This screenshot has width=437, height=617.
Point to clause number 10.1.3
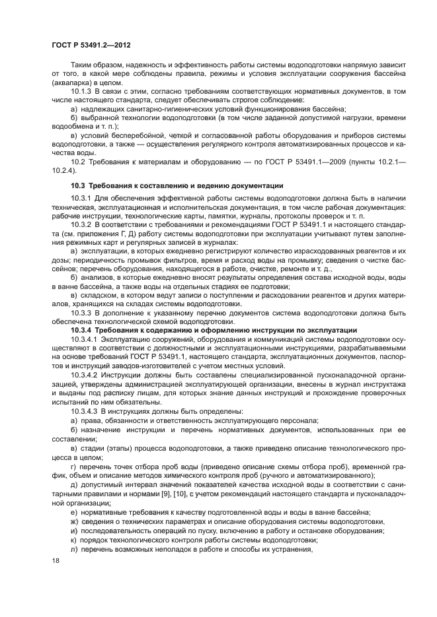pos(82,90)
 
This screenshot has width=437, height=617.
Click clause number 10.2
pos(77,162)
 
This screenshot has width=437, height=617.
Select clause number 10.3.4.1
pos(85,339)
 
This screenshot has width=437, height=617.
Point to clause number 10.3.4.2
pos(85,375)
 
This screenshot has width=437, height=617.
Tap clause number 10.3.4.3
pos(85,411)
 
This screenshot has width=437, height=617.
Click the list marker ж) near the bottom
pos(74,521)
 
